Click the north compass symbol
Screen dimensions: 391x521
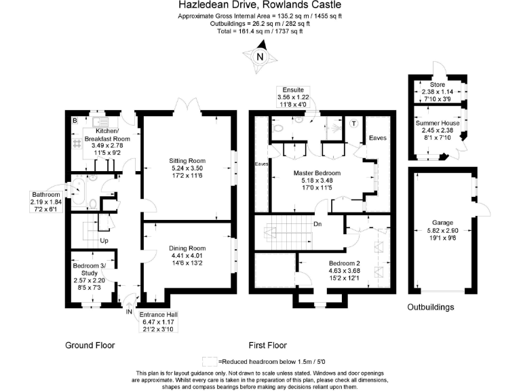[x=259, y=56]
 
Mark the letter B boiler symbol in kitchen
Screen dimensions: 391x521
[x=74, y=121]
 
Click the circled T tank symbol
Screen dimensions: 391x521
[x=353, y=124]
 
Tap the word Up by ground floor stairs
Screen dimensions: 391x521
[x=104, y=240]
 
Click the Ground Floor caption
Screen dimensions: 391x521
[x=90, y=345]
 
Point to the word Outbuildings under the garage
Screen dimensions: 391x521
[x=431, y=308]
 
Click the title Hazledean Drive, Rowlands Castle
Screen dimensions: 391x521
[x=260, y=5]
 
